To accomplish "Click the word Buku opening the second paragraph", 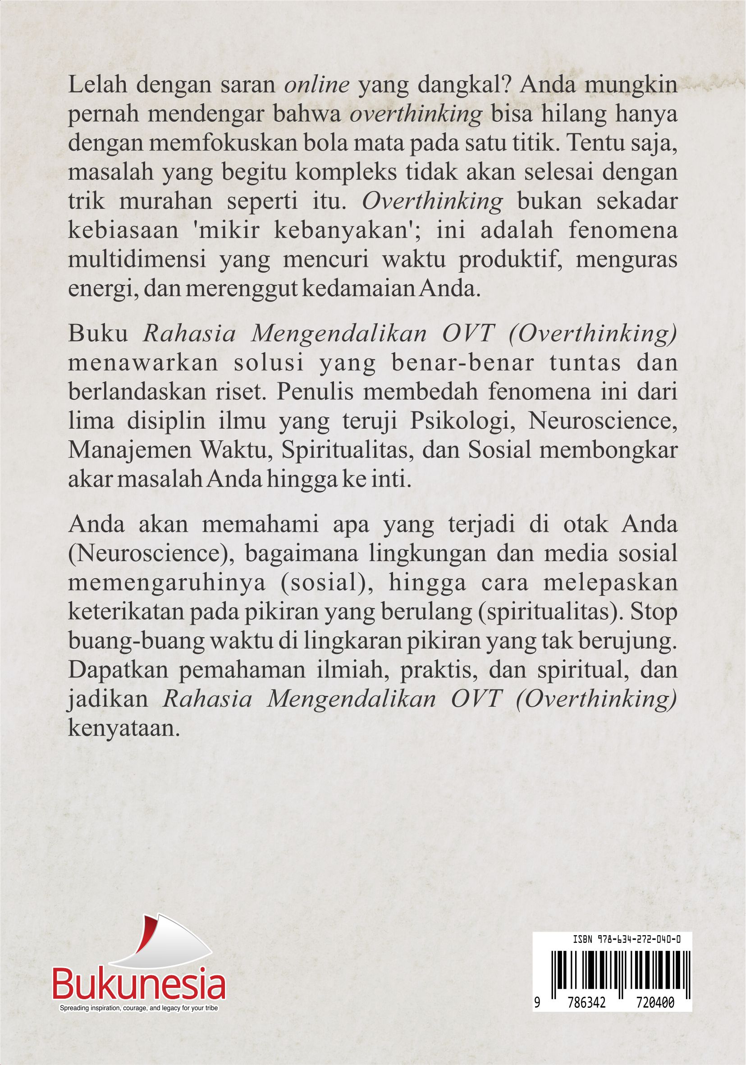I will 98,334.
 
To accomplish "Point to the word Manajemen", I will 130,450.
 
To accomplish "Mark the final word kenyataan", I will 124,729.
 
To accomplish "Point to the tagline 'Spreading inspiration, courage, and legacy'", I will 139,1008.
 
